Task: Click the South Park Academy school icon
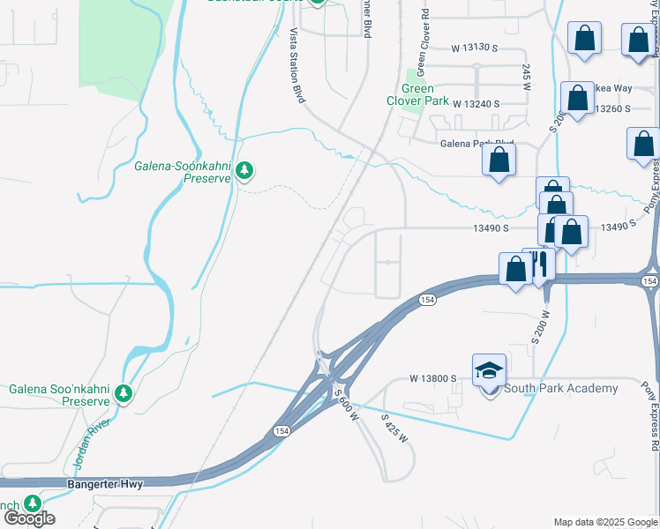tap(489, 371)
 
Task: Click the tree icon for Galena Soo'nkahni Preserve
tap(124, 392)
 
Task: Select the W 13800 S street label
tap(432, 378)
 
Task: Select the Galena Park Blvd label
tap(476, 143)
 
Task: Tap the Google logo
tap(29, 518)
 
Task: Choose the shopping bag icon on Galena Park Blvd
tap(499, 160)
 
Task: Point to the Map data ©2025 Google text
tap(606, 522)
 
